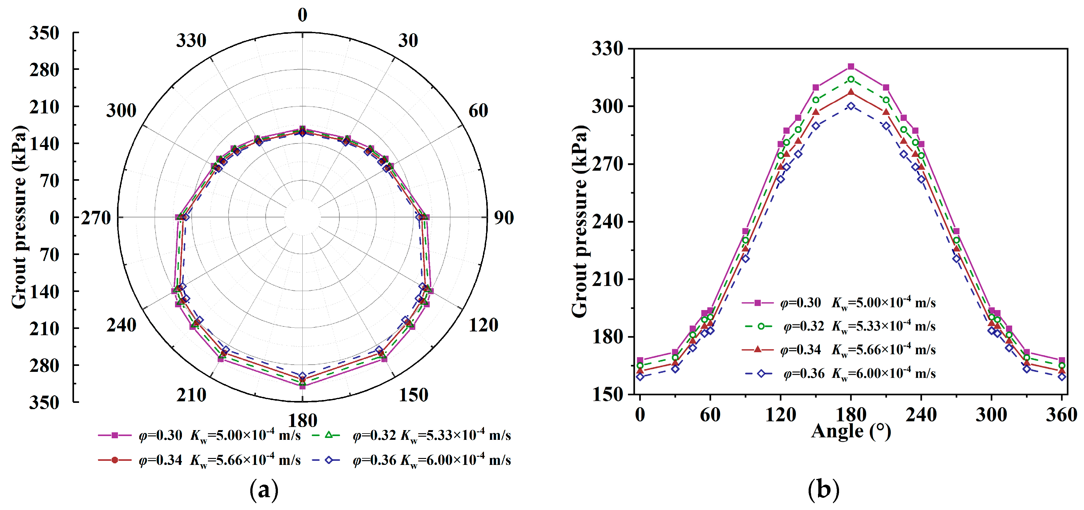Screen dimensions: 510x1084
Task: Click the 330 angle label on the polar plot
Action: (x=191, y=41)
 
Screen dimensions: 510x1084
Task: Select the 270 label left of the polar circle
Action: (x=96, y=218)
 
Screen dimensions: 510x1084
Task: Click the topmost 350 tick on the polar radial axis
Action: (x=44, y=33)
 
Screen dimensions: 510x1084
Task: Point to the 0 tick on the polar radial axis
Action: (x=54, y=218)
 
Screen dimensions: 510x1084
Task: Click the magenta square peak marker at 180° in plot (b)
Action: (x=851, y=66)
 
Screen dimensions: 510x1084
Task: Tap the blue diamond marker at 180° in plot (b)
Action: (x=851, y=107)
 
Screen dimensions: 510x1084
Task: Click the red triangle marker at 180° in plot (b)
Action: (x=851, y=92)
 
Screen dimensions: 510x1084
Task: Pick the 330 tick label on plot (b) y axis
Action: (x=607, y=49)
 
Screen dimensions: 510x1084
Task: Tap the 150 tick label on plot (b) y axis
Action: (x=607, y=394)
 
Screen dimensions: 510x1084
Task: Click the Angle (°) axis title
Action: (x=851, y=431)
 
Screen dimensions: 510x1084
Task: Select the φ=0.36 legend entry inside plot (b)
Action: (x=840, y=373)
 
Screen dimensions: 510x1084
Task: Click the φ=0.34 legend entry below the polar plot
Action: (x=199, y=460)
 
